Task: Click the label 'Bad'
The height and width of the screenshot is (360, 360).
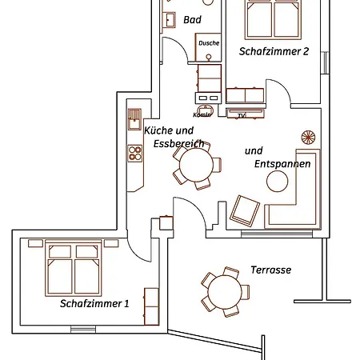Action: [192, 19]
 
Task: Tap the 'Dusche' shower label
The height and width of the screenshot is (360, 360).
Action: [209, 42]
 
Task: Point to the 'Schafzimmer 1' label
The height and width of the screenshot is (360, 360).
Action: [94, 304]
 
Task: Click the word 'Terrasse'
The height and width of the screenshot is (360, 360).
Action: [270, 270]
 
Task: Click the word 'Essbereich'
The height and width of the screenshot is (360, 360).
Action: [175, 144]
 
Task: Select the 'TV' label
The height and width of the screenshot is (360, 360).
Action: [241, 116]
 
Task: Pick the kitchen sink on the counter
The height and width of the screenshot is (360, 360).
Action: [133, 119]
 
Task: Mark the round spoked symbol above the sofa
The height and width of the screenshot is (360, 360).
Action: [307, 137]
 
